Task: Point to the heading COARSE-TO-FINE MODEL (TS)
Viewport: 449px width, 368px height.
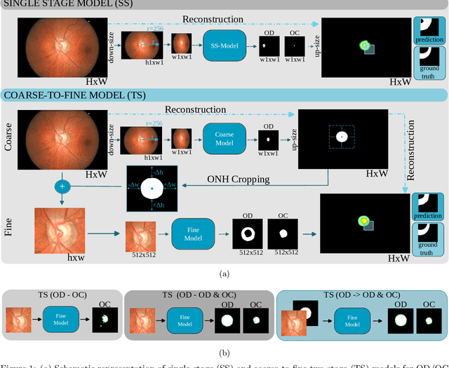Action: [x=75, y=94]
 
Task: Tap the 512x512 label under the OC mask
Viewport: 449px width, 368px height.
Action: [x=286, y=252]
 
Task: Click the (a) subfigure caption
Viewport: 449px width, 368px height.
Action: [x=224, y=273]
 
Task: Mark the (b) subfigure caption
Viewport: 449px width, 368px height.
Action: [x=224, y=353]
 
